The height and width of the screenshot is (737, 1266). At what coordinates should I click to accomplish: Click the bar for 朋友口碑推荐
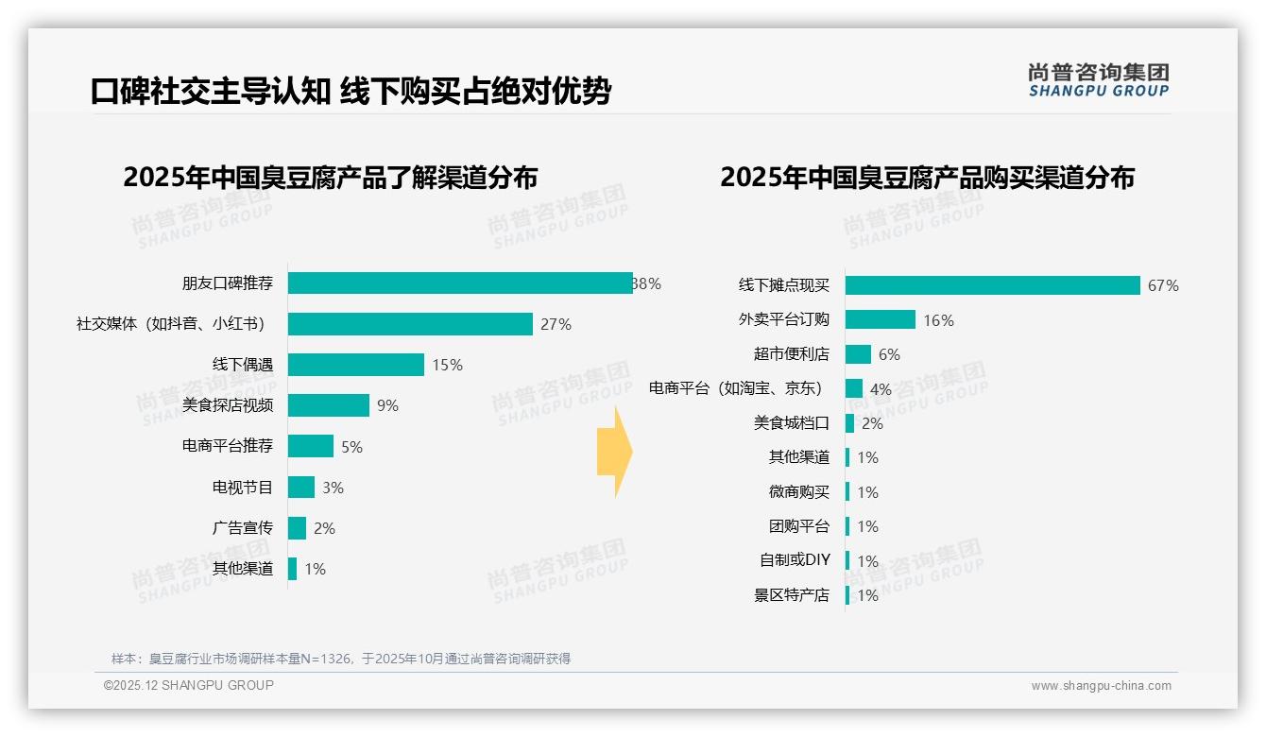point(460,283)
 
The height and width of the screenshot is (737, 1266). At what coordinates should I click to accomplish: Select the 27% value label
point(556,324)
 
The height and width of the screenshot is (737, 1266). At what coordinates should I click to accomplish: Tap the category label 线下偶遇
point(242,365)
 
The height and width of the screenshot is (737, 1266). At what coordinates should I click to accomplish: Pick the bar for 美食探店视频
point(329,405)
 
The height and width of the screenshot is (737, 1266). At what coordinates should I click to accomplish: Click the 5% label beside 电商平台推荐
point(351,447)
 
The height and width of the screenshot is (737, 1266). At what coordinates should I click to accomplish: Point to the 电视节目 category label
point(242,488)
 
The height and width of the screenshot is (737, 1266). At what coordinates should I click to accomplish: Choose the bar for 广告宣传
point(297,528)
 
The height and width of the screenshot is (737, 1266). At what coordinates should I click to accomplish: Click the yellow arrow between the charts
point(614,453)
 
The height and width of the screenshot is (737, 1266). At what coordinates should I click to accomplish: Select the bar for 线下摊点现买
point(992,285)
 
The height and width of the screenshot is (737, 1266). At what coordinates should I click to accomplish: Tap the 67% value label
point(1163,285)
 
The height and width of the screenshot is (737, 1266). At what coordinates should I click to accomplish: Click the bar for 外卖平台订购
point(881,319)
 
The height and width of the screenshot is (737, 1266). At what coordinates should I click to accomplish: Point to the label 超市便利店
point(791,354)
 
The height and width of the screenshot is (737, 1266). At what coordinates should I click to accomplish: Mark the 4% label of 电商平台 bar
point(881,389)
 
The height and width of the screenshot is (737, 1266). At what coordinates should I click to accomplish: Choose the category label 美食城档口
point(791,423)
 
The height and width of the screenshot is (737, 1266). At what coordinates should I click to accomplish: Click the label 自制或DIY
point(795,560)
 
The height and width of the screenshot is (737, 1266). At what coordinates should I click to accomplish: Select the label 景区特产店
point(791,595)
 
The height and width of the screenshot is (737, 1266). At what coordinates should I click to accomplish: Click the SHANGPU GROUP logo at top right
point(1098,80)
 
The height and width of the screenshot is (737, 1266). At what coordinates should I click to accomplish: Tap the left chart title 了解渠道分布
point(330,178)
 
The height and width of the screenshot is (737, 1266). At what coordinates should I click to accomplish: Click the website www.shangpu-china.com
point(1101,686)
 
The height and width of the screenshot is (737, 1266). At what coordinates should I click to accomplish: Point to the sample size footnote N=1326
point(340,659)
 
